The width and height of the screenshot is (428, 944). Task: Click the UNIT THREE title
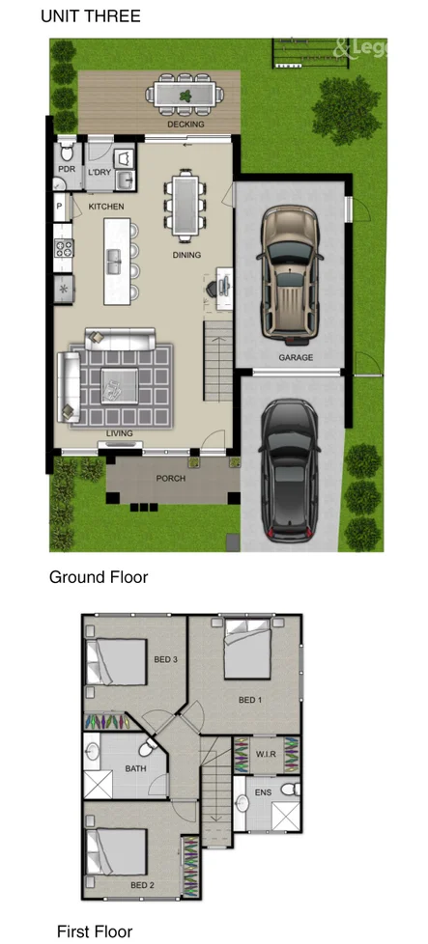tap(91, 16)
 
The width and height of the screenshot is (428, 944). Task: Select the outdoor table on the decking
tap(185, 95)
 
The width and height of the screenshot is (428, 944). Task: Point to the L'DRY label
tap(100, 172)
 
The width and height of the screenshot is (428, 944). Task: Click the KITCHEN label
tap(106, 207)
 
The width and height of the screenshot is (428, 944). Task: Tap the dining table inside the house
tap(185, 203)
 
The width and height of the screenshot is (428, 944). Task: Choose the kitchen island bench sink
tap(115, 260)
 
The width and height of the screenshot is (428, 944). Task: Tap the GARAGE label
tap(296, 358)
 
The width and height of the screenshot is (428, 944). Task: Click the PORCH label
tap(170, 479)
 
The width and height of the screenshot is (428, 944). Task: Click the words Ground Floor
tap(99, 577)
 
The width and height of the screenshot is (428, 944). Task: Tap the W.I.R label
tap(266, 754)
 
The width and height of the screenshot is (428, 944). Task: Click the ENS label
tap(263, 792)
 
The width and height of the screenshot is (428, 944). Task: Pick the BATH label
tap(135, 769)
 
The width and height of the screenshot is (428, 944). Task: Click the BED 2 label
tap(141, 885)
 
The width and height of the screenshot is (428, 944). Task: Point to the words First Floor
tap(95, 931)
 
